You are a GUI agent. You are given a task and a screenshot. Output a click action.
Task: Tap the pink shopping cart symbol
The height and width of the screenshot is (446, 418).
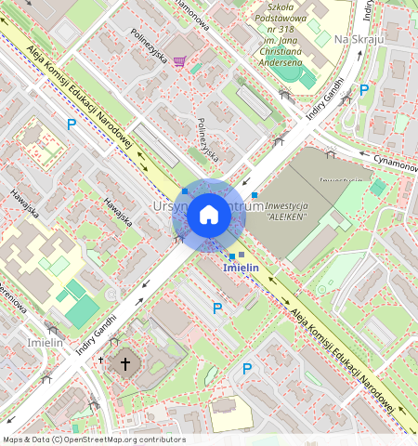[178, 61]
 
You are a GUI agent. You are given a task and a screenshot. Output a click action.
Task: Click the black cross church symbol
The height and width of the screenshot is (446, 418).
[124, 362]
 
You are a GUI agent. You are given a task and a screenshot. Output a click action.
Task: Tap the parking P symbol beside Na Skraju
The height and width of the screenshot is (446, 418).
[364, 90]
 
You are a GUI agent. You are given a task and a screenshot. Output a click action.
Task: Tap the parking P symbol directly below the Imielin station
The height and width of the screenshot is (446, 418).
[217, 308]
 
